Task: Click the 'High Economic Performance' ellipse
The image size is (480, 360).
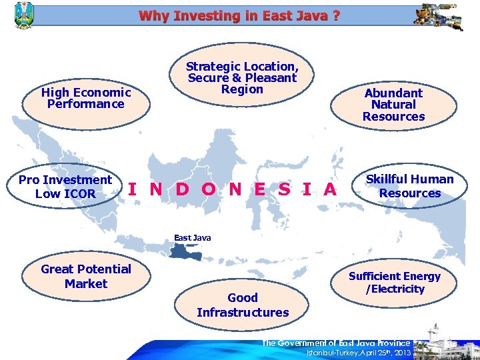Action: (86, 99)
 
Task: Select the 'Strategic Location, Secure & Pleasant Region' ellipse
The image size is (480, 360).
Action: (242, 79)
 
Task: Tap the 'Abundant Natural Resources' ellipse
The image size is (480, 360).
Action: (394, 105)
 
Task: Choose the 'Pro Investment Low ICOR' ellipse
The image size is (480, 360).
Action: (65, 187)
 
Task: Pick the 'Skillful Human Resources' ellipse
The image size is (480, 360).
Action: (409, 186)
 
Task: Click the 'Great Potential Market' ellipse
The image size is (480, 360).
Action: (86, 277)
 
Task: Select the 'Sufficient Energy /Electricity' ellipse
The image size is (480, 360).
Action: (395, 283)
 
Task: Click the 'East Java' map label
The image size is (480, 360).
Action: (192, 237)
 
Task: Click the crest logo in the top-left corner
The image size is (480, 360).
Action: (23, 15)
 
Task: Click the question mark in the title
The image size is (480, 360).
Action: (335, 15)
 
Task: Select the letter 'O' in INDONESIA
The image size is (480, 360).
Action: (208, 189)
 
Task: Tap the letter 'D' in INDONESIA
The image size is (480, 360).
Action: (182, 189)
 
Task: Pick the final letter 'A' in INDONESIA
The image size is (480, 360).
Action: (329, 189)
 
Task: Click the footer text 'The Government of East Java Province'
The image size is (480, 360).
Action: (336, 343)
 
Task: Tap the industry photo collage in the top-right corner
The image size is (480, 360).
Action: (437, 17)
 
